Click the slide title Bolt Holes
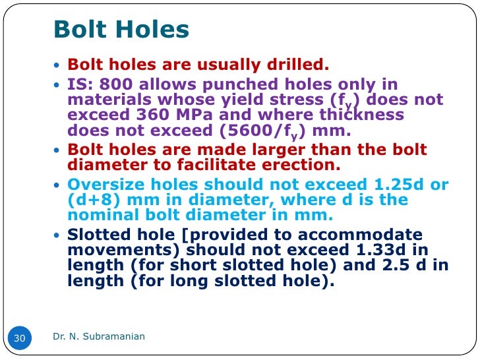point(121,29)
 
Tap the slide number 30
point(19,338)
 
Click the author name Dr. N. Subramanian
point(99,337)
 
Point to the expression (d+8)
point(92,200)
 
